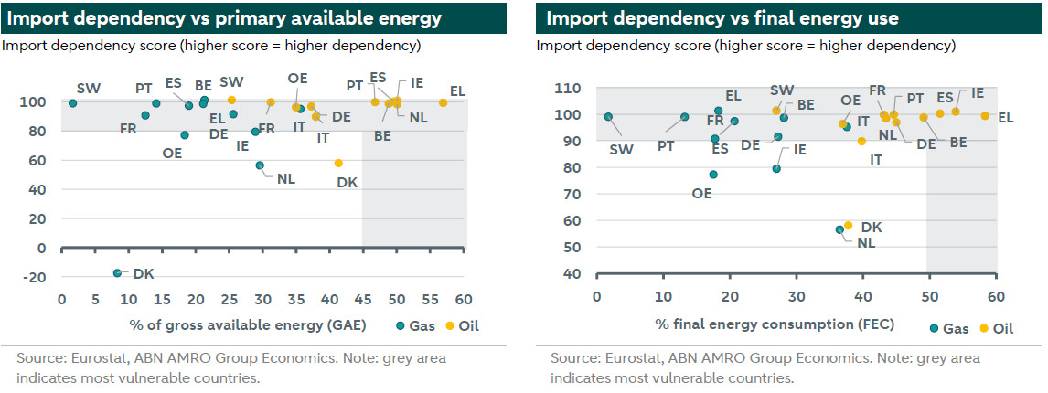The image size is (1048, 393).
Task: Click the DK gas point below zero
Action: (117, 273)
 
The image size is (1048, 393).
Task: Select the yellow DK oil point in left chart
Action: (338, 163)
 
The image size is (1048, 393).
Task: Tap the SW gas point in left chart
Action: (72, 103)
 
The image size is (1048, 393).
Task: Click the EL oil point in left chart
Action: (444, 102)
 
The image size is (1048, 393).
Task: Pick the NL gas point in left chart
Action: (260, 165)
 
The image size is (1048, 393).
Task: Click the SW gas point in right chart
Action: (608, 117)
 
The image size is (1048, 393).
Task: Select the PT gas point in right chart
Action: (684, 117)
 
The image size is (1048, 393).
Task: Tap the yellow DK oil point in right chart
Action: (848, 225)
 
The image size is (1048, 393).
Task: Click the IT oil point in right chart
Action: (861, 141)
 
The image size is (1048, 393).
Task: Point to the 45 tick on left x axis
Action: (363, 300)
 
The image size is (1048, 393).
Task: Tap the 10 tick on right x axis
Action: (663, 297)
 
